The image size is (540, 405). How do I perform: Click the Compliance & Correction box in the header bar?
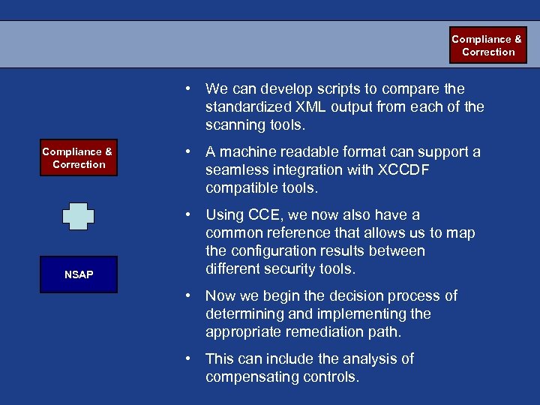coord(487,45)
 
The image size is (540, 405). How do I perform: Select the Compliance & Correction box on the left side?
coord(78,157)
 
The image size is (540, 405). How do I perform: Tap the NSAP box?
coord(78,274)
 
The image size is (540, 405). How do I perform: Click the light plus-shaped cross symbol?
coord(78,216)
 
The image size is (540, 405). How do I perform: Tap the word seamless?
coord(238,170)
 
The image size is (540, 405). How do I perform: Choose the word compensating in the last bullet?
coord(253,377)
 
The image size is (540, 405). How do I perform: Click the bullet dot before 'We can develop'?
coord(192,89)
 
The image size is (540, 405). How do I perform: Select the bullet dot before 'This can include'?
coord(192,359)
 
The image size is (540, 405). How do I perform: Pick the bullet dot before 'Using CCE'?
coord(192,215)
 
